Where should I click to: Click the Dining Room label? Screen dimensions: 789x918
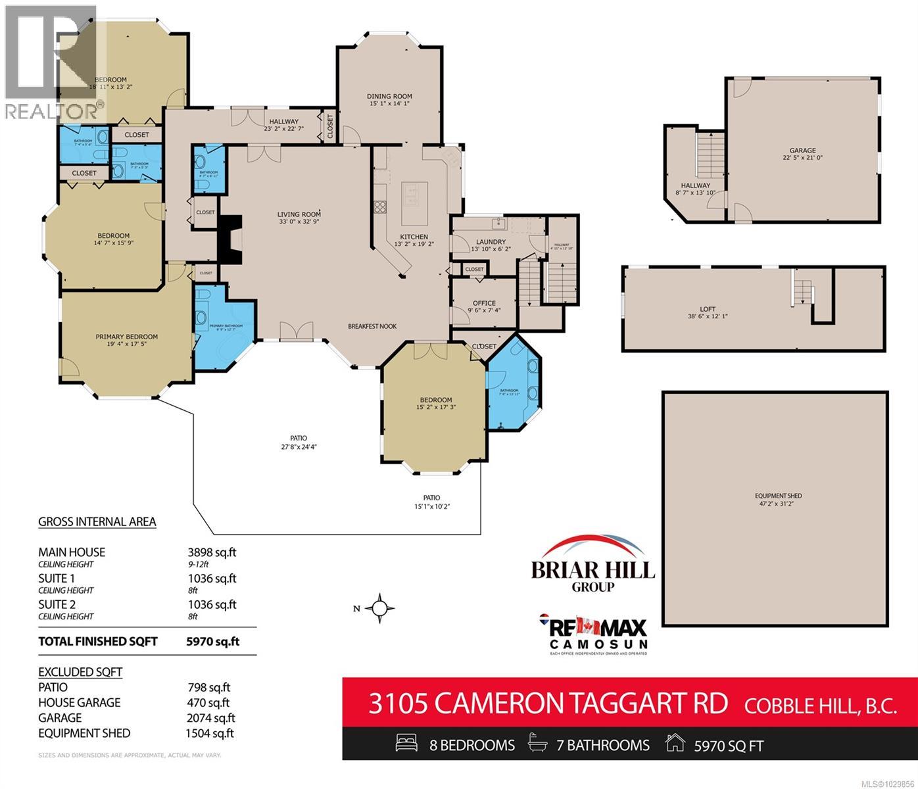[x=389, y=97]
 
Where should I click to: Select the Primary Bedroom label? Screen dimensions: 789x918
[x=126, y=337]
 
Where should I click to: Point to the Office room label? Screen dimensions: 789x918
[x=484, y=303]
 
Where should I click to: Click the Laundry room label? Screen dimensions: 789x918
[x=490, y=242]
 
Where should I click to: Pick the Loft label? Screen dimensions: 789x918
[x=708, y=309]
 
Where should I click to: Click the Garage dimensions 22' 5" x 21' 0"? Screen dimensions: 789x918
[x=802, y=158]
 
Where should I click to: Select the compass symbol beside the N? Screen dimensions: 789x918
[x=380, y=608]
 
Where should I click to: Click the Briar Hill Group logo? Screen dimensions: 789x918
[x=593, y=565]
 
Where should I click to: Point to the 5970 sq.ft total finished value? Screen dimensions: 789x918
[x=212, y=642]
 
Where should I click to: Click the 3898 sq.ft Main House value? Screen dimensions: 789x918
[x=212, y=552]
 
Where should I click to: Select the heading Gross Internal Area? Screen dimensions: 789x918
[x=97, y=522]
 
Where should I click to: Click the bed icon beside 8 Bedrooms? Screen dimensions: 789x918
[x=406, y=744]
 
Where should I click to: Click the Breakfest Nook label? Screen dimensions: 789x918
[x=372, y=326]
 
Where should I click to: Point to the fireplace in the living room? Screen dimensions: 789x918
[x=229, y=240]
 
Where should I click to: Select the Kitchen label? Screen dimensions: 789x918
[x=414, y=237]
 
